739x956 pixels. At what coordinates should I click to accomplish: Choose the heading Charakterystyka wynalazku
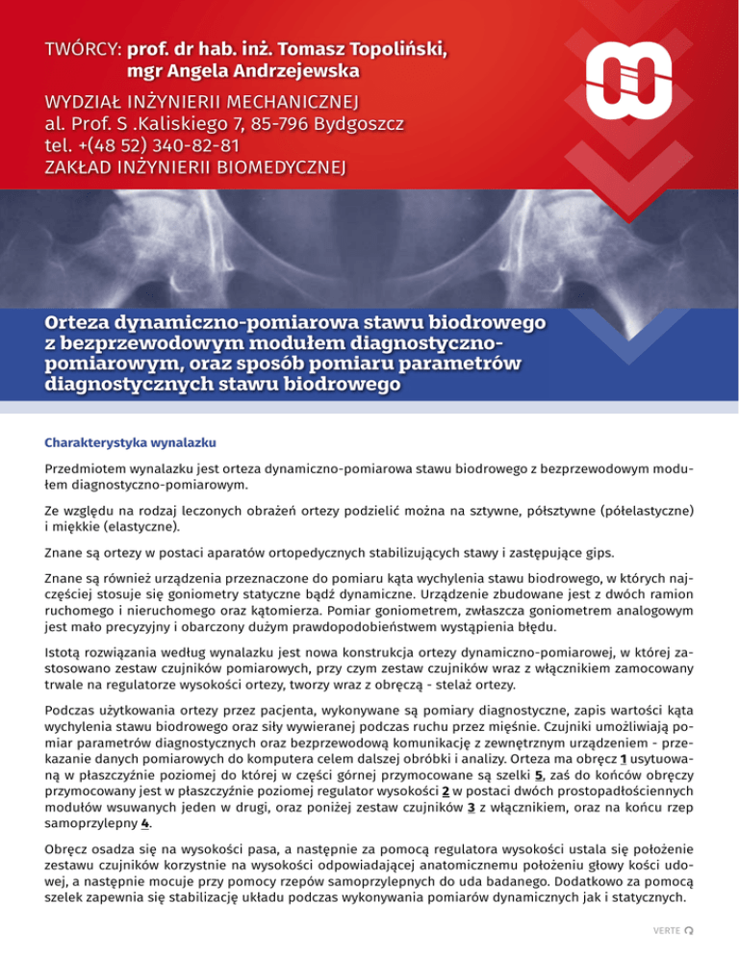pos(131,443)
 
